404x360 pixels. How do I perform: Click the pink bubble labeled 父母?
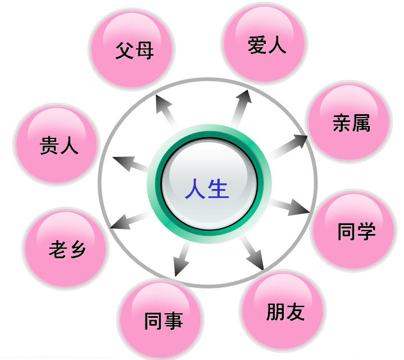click(x=131, y=49)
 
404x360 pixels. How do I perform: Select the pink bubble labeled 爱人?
click(x=264, y=43)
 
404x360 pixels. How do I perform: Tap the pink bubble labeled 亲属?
click(x=349, y=121)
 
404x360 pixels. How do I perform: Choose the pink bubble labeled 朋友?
click(x=283, y=310)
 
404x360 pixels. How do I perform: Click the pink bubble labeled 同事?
click(x=161, y=319)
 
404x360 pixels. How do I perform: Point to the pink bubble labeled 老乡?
click(x=66, y=249)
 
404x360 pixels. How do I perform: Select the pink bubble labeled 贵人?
click(x=57, y=145)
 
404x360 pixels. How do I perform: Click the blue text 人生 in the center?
click(x=207, y=189)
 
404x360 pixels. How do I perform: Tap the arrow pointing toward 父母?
click(x=166, y=111)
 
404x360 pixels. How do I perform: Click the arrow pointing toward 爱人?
click(x=242, y=109)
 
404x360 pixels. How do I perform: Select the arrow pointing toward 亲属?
click(x=287, y=146)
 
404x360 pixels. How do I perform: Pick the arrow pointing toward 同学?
click(x=289, y=206)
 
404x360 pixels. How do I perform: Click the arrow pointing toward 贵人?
click(x=130, y=164)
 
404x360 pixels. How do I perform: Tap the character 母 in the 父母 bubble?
click(x=145, y=51)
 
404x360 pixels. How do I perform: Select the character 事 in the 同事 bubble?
click(x=174, y=321)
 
